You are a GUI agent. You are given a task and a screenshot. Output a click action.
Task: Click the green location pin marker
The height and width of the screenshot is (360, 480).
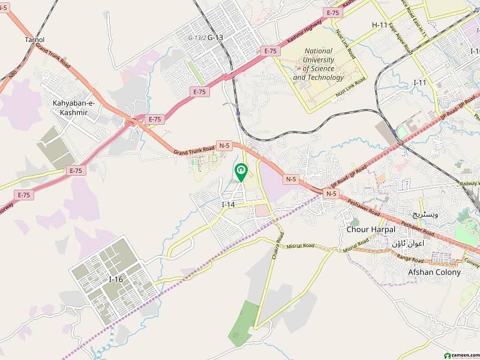[241, 172]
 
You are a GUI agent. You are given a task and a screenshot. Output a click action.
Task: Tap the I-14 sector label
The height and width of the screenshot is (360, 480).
[228, 205]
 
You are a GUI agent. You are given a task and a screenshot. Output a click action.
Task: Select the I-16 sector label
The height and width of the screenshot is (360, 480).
[115, 279]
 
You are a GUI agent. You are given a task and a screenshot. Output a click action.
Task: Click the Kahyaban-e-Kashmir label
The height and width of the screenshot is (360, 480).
[74, 108]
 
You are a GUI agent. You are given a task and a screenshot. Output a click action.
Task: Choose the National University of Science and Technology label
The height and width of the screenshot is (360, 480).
[319, 64]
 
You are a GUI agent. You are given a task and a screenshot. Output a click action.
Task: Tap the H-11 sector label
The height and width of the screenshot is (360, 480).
[380, 25]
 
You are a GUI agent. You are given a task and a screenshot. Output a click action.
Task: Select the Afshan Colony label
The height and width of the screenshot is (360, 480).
[434, 272]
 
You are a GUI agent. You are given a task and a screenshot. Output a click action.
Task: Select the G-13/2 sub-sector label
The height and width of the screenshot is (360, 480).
[197, 38]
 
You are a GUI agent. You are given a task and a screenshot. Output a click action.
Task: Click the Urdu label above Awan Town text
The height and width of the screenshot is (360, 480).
[425, 214]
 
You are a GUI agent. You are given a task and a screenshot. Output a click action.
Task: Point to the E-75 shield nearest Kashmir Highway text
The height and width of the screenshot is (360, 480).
[332, 12]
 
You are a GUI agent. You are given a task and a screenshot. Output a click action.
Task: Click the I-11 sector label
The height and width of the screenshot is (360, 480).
[419, 82]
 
